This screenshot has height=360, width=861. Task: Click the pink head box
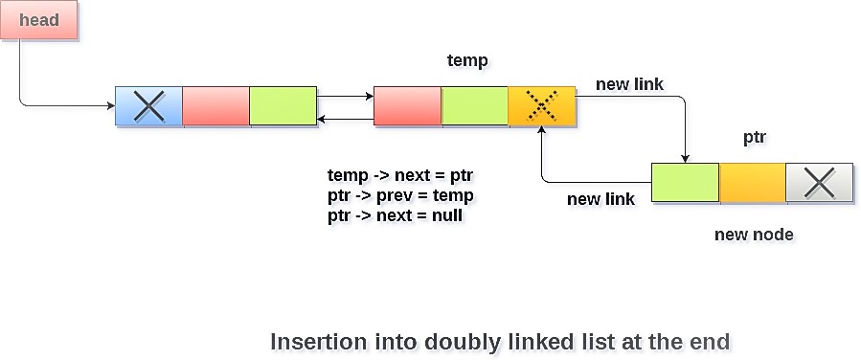(x=38, y=21)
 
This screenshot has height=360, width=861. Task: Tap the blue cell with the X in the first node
(x=148, y=106)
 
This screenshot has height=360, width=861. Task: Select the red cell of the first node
(x=215, y=106)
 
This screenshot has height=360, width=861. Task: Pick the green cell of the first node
(x=283, y=106)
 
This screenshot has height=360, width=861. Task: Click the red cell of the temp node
(x=407, y=106)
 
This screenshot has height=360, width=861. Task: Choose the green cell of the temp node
(x=475, y=106)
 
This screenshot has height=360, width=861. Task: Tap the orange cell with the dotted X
(x=542, y=106)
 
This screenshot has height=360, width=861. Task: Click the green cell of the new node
(x=685, y=183)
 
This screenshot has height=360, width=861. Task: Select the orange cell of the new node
(x=753, y=183)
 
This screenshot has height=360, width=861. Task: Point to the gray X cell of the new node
(x=819, y=183)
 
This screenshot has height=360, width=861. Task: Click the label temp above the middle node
(x=467, y=61)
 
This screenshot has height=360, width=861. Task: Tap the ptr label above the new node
(x=755, y=137)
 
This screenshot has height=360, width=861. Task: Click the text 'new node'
(x=754, y=235)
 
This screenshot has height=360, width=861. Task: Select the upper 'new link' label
(x=629, y=85)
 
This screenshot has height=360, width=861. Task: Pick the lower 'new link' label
(x=600, y=199)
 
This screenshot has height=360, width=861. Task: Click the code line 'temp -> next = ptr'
(x=400, y=176)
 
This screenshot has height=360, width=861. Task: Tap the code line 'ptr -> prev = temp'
(x=400, y=196)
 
